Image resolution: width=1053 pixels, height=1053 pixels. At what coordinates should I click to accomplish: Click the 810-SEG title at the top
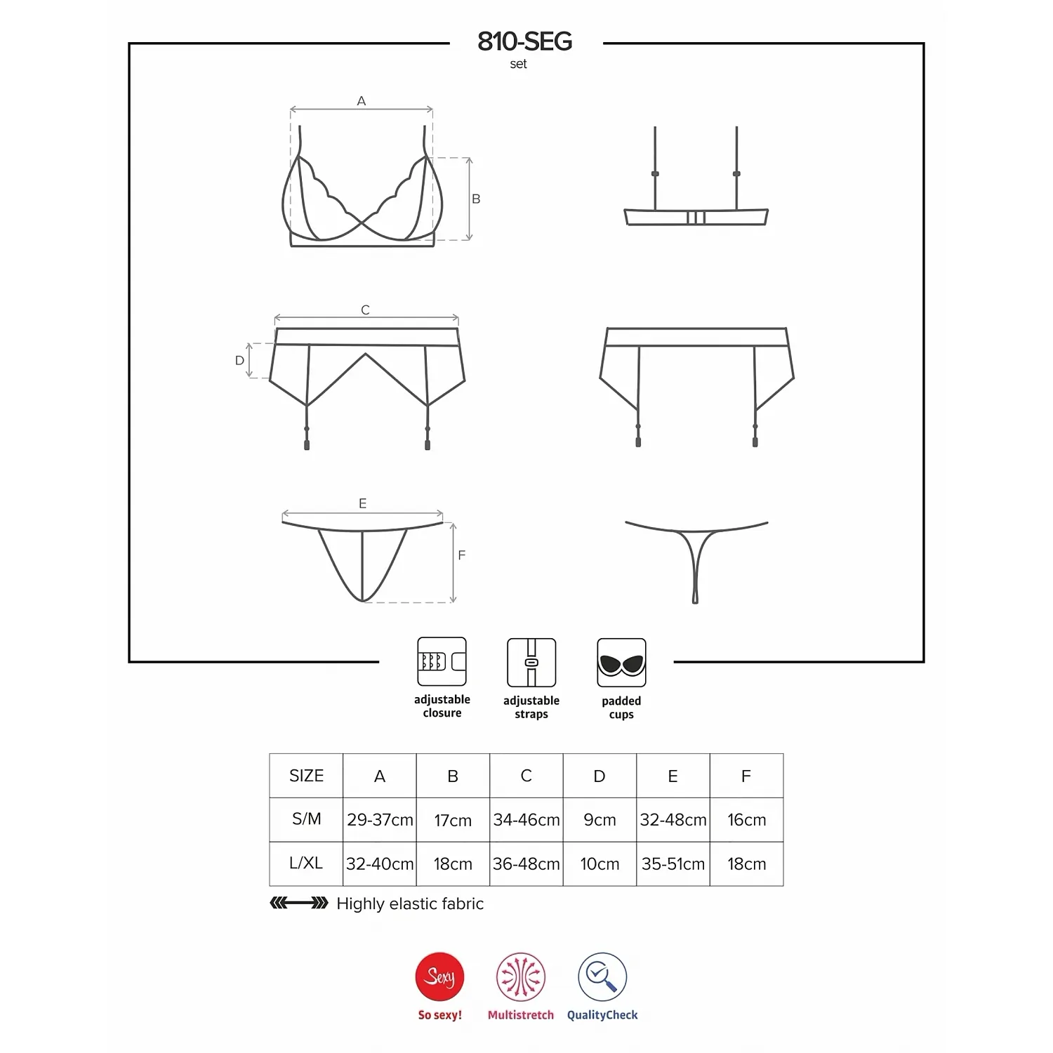pyautogui.click(x=524, y=41)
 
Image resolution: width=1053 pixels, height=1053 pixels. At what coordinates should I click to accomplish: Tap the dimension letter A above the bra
pyautogui.click(x=362, y=101)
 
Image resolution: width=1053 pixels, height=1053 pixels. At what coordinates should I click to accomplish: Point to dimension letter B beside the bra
pyautogui.click(x=476, y=199)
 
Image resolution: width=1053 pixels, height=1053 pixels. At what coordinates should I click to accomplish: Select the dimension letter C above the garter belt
pyautogui.click(x=365, y=310)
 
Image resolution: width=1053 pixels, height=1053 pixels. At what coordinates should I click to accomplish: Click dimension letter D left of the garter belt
pyautogui.click(x=239, y=360)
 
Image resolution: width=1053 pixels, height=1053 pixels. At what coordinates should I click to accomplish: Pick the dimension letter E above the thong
pyautogui.click(x=362, y=503)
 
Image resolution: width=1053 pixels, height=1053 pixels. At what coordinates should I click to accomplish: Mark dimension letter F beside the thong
pyautogui.click(x=461, y=555)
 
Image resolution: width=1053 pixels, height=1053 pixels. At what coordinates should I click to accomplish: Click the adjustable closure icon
pyautogui.click(x=442, y=661)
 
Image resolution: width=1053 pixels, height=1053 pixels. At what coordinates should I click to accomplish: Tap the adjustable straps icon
pyautogui.click(x=531, y=662)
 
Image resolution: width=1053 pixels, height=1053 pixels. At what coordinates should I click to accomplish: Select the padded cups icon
pyautogui.click(x=621, y=662)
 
